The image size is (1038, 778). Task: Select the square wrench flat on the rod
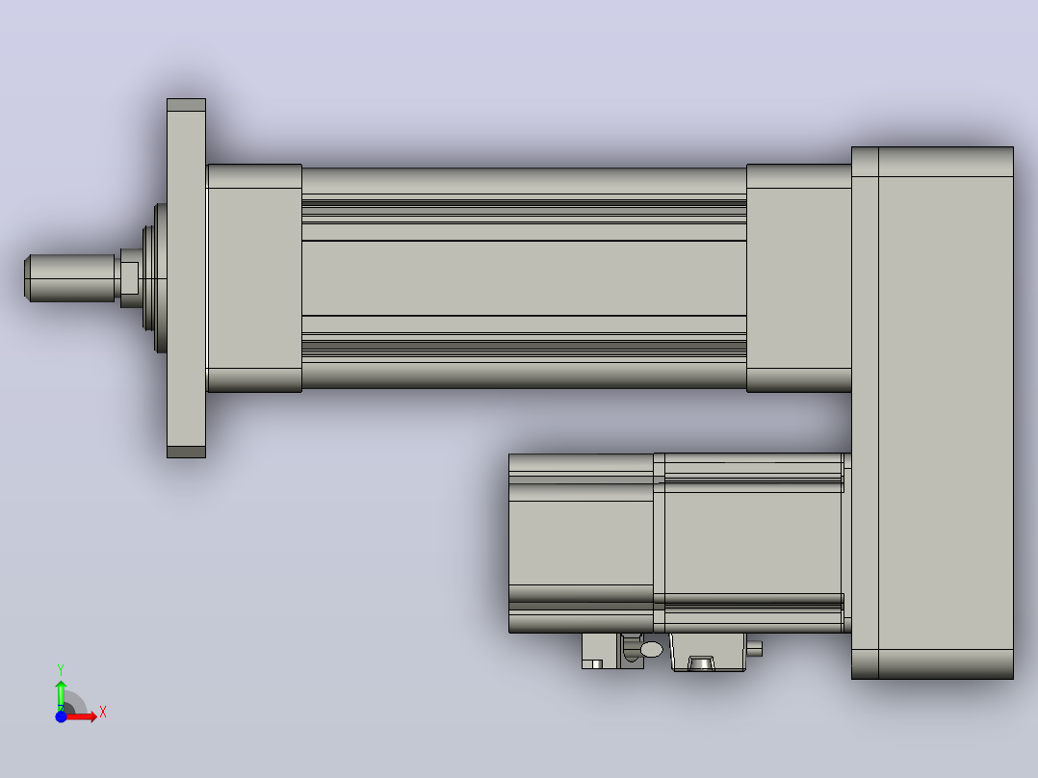[x=129, y=278]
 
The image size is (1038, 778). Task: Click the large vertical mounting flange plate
[x=186, y=278]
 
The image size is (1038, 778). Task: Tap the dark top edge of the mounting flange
[x=186, y=105]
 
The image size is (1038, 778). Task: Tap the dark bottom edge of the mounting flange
[x=186, y=452]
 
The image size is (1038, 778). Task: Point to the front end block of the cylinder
[x=255, y=278]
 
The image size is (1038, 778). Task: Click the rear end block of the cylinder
[x=799, y=278]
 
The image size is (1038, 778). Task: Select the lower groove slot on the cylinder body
[x=524, y=346]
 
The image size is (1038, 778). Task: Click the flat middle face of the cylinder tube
[x=524, y=278]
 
